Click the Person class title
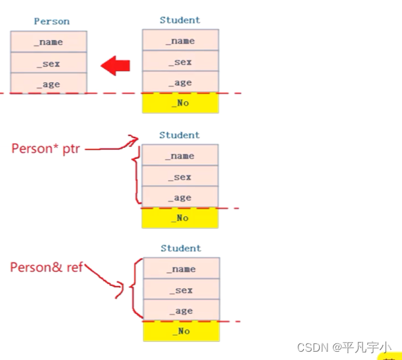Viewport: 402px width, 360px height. tap(52, 21)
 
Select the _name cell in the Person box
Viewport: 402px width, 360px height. tap(49, 41)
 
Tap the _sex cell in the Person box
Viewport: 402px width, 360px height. tap(49, 63)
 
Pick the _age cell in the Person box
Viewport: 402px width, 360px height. tap(49, 84)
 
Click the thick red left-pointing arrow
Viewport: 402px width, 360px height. tap(115, 66)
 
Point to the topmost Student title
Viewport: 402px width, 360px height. tap(180, 20)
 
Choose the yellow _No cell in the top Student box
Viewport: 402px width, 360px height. tap(180, 103)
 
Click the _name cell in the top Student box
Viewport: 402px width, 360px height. tap(180, 40)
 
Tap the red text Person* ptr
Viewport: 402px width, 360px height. tap(46, 149)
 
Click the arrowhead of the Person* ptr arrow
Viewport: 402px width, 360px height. tap(135, 139)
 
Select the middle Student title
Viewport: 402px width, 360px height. tap(180, 135)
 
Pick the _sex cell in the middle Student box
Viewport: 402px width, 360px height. tap(180, 176)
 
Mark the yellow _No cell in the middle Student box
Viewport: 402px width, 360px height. tap(180, 218)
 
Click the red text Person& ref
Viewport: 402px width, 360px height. tap(46, 267)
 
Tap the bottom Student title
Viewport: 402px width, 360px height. tap(181, 248)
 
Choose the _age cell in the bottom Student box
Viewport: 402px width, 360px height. tap(181, 310)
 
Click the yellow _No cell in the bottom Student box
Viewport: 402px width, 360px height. tap(181, 331)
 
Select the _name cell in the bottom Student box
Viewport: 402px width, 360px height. tap(181, 268)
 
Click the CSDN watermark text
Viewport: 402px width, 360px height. tap(344, 348)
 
